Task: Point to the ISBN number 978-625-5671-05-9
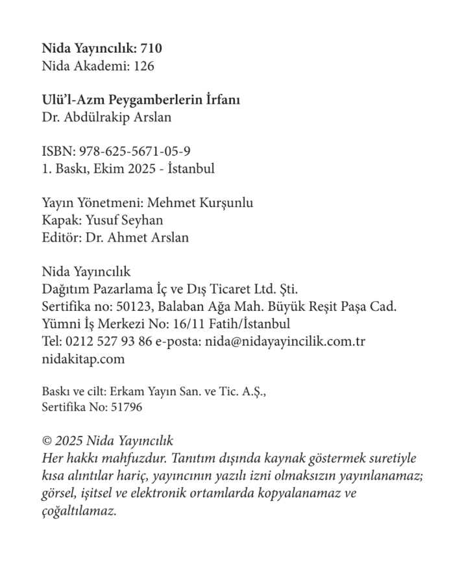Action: click(135, 151)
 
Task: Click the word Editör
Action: click(59, 237)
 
